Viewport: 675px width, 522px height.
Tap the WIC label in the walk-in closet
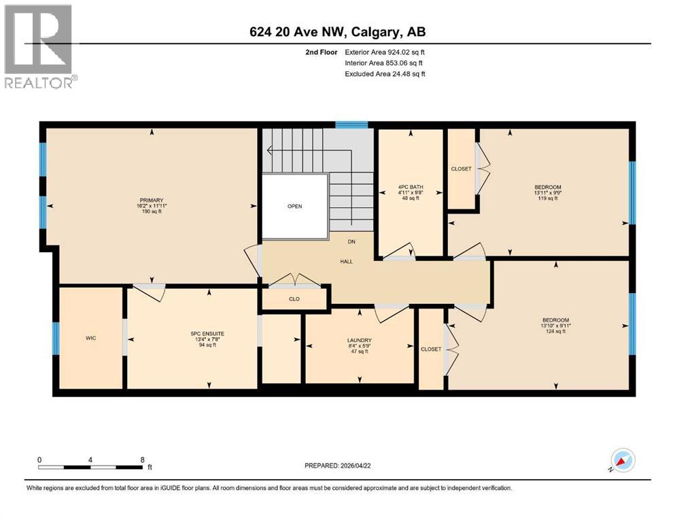tap(90, 338)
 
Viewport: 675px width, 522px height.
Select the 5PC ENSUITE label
tap(208, 333)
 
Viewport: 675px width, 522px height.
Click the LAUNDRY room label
tap(358, 340)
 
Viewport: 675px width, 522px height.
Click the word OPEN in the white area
tap(294, 206)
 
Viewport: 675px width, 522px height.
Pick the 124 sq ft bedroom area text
tap(555, 331)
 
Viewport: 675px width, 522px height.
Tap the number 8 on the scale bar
tap(141, 459)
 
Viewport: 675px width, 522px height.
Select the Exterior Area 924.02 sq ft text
tap(385, 52)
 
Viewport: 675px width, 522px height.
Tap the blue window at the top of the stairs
tap(352, 125)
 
